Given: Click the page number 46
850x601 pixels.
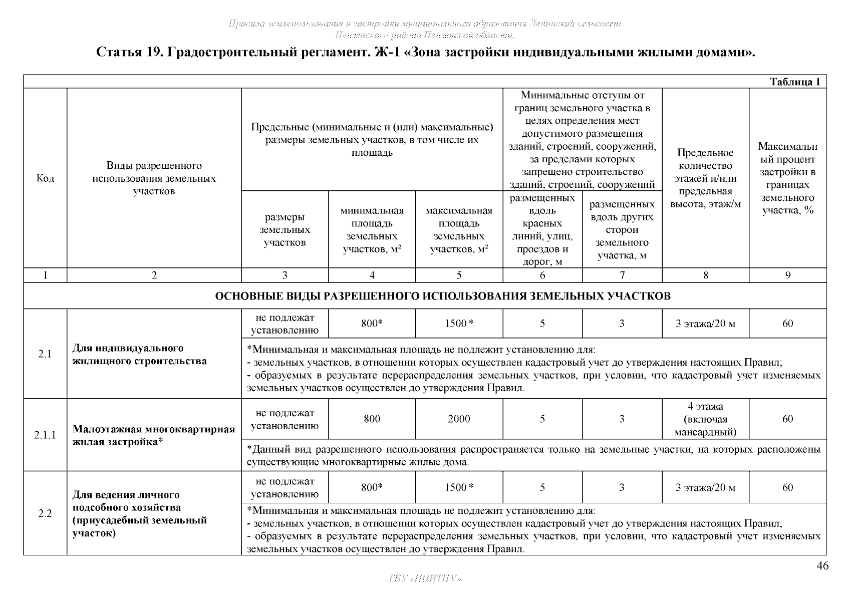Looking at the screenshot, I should point(822,566).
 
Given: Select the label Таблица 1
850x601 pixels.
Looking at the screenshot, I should point(794,82).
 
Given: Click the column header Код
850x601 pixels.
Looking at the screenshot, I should point(45,178).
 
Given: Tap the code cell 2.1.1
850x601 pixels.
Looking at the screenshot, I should point(45,435).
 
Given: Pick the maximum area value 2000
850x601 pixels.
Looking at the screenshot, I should point(459,419).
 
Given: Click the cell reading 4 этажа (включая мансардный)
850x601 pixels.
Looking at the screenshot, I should point(705,419).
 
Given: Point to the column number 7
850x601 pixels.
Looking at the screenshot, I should point(622,275).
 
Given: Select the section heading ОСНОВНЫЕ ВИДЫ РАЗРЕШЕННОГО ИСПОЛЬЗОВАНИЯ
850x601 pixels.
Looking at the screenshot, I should point(442,296).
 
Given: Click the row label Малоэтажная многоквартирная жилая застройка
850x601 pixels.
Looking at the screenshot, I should point(153,435).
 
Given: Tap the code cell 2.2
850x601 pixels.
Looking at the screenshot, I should point(45,513).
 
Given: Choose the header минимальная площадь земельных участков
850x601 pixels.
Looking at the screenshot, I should point(372,230).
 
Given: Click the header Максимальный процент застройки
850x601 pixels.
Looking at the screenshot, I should point(787,178).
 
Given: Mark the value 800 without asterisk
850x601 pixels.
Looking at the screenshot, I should point(372,419).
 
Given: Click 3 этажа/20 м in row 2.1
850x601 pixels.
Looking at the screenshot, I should point(705,324).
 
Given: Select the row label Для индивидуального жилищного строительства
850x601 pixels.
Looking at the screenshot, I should point(139,355).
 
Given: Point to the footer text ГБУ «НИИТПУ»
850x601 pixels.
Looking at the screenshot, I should point(425,579).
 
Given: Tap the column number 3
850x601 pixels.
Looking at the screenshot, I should point(285,275).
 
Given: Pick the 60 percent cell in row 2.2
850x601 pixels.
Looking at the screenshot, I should point(787,487).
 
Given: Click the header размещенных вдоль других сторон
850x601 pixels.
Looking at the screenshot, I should point(622,230).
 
